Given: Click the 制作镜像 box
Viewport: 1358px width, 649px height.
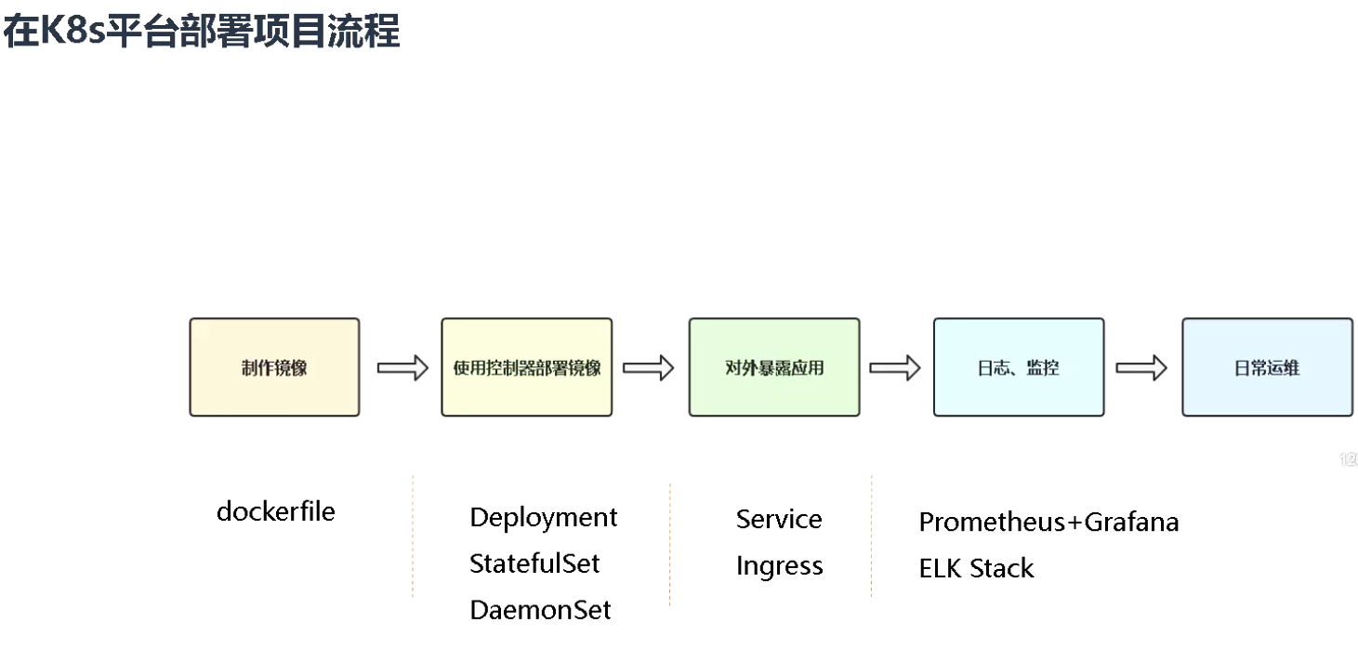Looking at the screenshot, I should click(274, 367).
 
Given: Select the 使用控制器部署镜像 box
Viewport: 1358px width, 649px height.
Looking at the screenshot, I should click(526, 367).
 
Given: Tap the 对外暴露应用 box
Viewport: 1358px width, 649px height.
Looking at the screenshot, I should click(773, 367).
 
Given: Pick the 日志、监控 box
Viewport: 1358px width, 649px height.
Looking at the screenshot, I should click(1018, 367).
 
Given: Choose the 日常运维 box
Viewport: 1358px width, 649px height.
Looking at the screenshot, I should click(1267, 367).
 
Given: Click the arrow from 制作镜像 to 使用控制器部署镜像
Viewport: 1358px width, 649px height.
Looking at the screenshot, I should click(402, 368).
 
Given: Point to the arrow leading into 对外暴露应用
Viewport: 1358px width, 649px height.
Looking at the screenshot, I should click(648, 368).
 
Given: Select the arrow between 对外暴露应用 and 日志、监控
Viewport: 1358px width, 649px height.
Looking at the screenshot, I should click(894, 368).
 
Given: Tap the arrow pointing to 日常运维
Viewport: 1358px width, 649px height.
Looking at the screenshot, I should click(1140, 368).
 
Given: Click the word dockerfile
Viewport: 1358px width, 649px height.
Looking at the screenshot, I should click(275, 511).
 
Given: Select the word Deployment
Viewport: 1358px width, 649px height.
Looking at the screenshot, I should click(543, 517).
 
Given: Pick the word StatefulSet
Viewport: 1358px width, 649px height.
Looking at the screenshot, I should click(534, 563).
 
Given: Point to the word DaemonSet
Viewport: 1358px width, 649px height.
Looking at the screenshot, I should click(540, 610).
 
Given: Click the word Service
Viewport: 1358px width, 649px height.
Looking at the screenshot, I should click(779, 519).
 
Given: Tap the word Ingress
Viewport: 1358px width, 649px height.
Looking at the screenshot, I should click(779, 565).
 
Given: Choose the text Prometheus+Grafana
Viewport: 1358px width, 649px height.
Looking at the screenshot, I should click(1048, 522).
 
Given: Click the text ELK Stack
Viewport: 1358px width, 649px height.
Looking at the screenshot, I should click(976, 568).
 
